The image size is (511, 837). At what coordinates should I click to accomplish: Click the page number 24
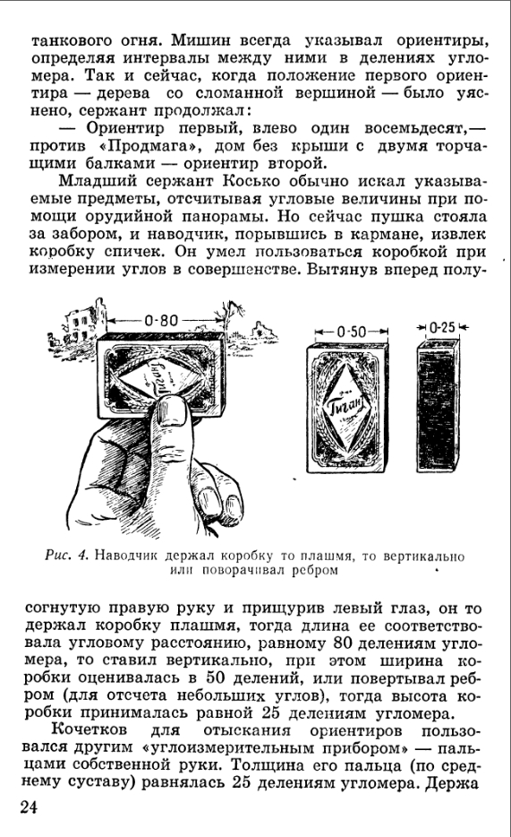(x=29, y=807)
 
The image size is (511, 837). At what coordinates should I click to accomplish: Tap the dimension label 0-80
(x=161, y=320)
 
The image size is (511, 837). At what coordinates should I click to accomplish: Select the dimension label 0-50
(x=352, y=332)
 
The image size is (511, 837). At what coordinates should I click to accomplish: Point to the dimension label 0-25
(x=442, y=327)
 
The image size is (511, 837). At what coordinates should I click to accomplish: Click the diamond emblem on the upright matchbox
(x=347, y=409)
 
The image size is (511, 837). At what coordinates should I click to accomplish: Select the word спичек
(x=132, y=252)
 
